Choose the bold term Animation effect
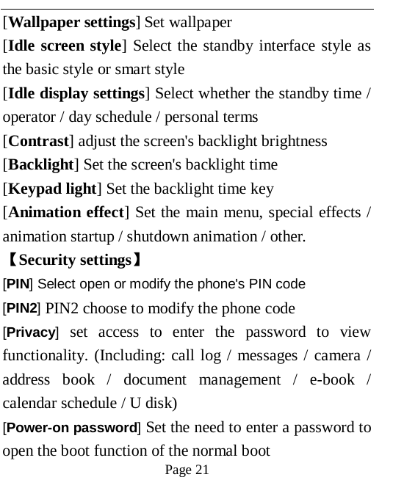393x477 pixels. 65,213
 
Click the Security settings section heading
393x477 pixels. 73,260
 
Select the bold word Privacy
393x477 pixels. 31,332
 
